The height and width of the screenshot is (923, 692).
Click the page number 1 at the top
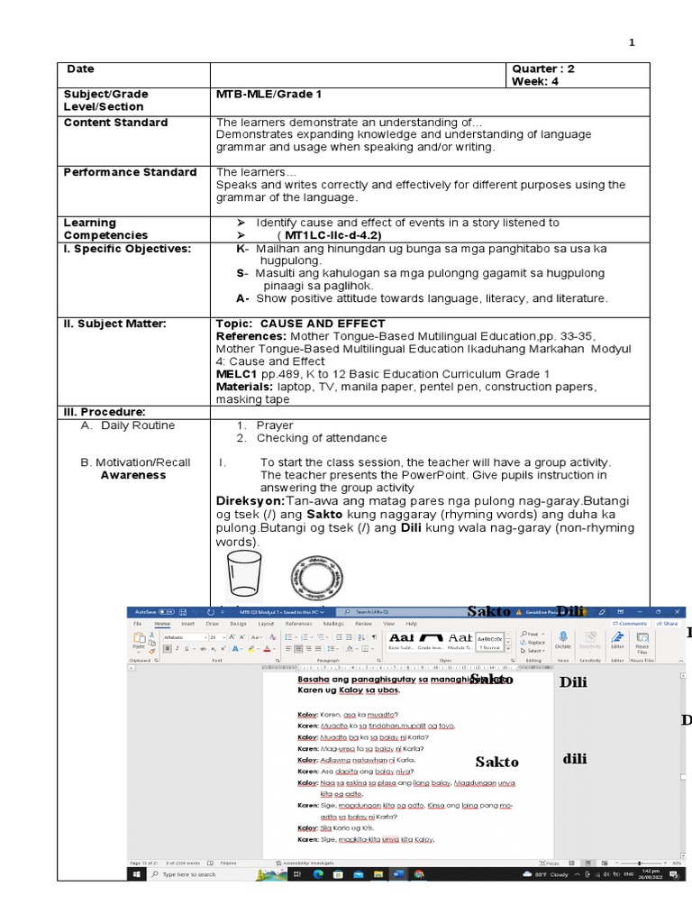pyautogui.click(x=631, y=42)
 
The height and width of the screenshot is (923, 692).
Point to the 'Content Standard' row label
pyautogui.click(x=115, y=123)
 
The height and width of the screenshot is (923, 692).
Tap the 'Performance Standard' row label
pyautogui.click(x=130, y=172)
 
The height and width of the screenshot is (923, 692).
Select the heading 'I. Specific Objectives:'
pyautogui.click(x=127, y=248)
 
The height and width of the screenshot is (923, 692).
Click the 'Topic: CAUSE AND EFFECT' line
pyautogui.click(x=301, y=324)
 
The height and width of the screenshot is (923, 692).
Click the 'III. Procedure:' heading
pyautogui.click(x=105, y=412)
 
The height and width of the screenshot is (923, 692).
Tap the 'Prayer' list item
pyautogui.click(x=274, y=425)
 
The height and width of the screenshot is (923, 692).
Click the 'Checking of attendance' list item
pyautogui.click(x=322, y=438)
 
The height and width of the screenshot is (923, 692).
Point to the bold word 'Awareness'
pyautogui.click(x=133, y=475)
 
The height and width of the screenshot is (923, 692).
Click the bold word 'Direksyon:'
pyautogui.click(x=250, y=500)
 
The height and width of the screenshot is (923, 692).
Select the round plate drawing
pyautogui.click(x=316, y=578)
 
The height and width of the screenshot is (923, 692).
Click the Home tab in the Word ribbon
pyautogui.click(x=162, y=623)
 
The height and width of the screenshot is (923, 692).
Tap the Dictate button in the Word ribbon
pyautogui.click(x=562, y=641)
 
